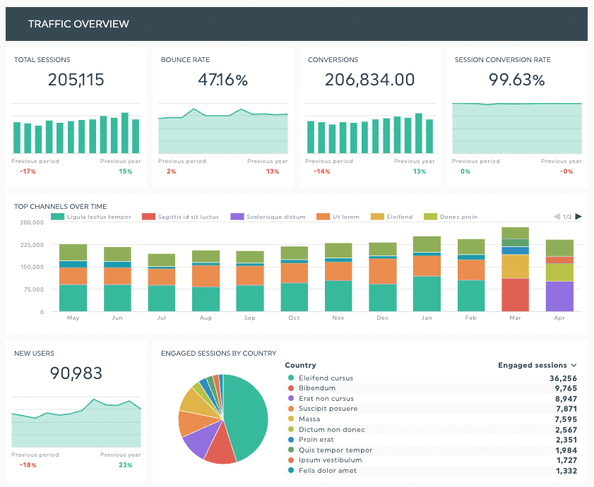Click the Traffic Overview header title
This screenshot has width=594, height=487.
[x=78, y=24]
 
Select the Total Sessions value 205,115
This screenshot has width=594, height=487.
[x=76, y=80]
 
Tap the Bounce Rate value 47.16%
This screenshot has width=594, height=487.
[x=222, y=80]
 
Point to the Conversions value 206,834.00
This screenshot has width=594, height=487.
[x=369, y=80]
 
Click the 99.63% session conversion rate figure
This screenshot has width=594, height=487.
[x=516, y=80]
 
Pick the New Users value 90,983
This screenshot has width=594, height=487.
[x=76, y=373]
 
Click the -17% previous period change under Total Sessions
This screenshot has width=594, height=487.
[x=28, y=172]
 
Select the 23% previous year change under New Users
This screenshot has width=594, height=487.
[x=126, y=465]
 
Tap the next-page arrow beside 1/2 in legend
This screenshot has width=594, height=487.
[x=578, y=217]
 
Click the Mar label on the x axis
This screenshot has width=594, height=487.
[x=515, y=318]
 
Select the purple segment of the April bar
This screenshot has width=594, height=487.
[x=559, y=296]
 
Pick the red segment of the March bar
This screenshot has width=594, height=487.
[x=515, y=294]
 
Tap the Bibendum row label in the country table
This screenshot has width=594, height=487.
[x=313, y=388]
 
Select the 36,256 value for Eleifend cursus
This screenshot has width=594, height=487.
[x=563, y=378]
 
